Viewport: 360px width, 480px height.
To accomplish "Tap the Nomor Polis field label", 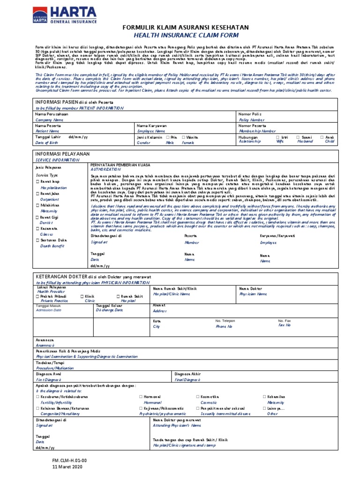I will tap(250, 114).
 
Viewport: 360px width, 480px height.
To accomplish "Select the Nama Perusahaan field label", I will tap(52, 114).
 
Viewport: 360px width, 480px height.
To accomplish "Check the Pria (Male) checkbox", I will tap(168, 137).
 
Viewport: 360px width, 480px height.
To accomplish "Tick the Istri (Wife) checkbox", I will tap(278, 137).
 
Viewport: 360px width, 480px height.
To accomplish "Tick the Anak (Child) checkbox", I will tap(322, 137).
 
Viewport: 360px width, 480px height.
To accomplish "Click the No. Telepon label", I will tap(225, 321).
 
